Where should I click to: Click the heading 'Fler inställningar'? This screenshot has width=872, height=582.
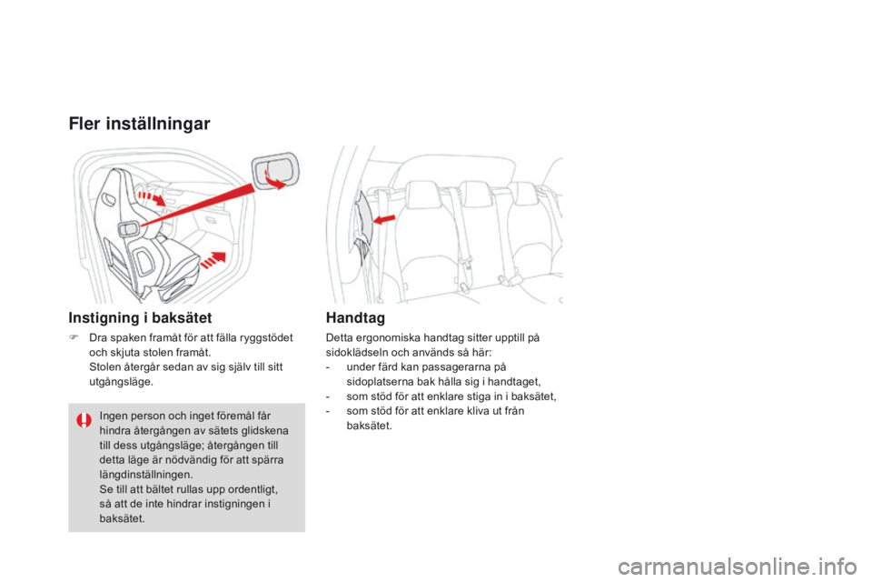coord(138,124)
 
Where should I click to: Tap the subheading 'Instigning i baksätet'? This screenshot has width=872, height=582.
coord(140,317)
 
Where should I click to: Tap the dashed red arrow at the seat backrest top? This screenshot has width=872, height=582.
coord(151,197)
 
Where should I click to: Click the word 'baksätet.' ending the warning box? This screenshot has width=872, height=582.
coord(122,518)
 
